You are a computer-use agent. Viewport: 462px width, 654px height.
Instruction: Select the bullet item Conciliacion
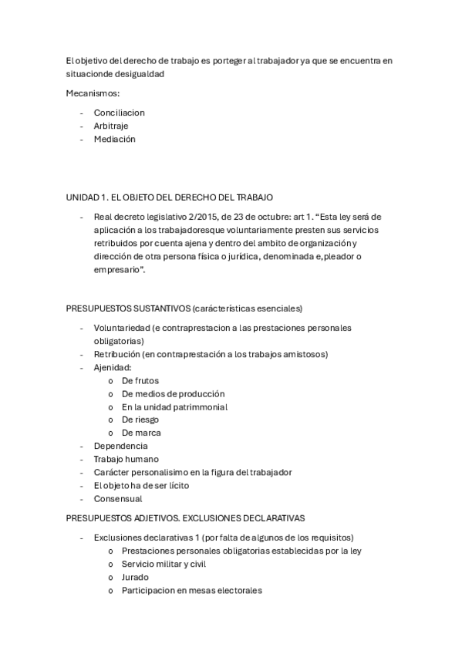120,113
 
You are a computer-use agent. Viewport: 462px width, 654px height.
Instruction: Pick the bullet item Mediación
115,139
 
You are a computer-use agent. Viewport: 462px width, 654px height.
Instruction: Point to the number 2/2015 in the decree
201,217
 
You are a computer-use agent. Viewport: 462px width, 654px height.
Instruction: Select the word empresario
117,271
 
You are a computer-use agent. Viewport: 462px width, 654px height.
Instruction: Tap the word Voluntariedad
121,328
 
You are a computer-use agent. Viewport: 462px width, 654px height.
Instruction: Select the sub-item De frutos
140,380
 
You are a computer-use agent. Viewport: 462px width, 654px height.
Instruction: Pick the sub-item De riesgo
140,420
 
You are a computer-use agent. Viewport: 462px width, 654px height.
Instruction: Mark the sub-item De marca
141,433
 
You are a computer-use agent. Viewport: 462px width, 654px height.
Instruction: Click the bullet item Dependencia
120,446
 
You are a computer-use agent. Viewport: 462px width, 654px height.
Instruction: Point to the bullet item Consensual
119,498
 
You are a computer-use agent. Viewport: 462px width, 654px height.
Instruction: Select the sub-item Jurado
135,577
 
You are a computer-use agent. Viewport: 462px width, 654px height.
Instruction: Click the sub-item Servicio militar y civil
164,564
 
